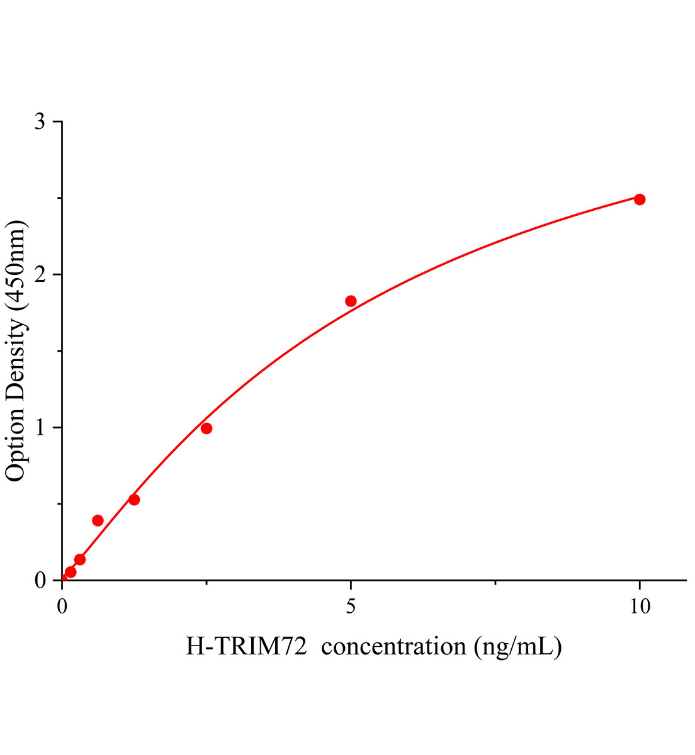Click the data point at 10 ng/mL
[x=640, y=199]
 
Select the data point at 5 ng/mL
[x=351, y=301]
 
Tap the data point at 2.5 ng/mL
[x=206, y=428]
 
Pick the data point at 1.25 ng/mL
[x=134, y=500]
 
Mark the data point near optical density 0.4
[x=98, y=520]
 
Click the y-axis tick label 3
[x=40, y=121]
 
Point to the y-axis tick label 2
[x=40, y=274]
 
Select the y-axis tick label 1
[x=40, y=427]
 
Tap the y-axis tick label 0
[x=40, y=580]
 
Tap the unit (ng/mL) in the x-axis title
[x=517, y=646]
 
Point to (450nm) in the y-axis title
[x=15, y=266]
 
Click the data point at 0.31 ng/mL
[x=80, y=559]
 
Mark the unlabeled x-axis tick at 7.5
[x=495, y=583]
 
